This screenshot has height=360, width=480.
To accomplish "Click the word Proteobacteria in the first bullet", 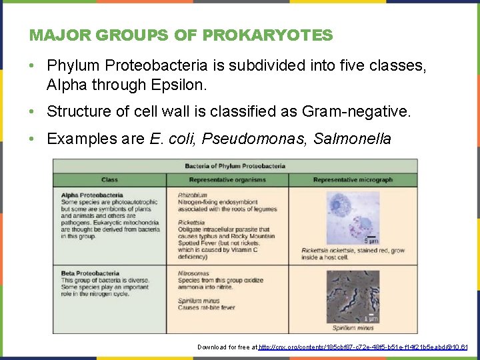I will tap(149, 66).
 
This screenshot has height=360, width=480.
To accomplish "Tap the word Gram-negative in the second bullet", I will tap(361, 111).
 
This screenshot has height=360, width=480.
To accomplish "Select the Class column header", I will tap(110, 180).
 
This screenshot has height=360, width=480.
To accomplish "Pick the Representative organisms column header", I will tap(227, 180).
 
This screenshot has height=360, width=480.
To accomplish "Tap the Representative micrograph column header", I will tap(353, 180).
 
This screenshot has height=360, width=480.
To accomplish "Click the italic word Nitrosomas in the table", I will tap(194, 273).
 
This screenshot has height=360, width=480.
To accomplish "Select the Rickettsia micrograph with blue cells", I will tap(353, 217).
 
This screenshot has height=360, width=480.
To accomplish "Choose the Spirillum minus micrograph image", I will tap(353, 296).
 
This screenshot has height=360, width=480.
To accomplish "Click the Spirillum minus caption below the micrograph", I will tap(353, 327).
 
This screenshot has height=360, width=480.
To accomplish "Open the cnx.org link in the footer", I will tap(363, 347).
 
